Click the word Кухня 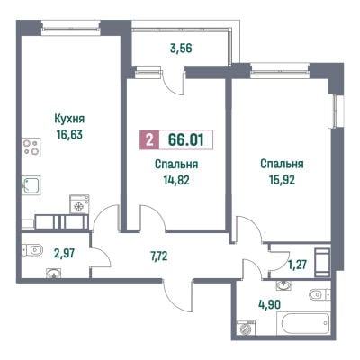pos(69,119)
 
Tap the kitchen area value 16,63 pos(69,135)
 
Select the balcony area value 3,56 pos(181,49)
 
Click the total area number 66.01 pos(186,139)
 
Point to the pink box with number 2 pos(148,139)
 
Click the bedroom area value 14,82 pos(176,180)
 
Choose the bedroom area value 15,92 pos(282,180)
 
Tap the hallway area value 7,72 pos(159,256)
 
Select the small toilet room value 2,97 pos(64,254)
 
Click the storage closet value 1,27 pos(297,265)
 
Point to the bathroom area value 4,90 pos(270,305)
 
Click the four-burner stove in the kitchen pos(31,147)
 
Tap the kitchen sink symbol pos(31,185)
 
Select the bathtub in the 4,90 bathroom pos(306,323)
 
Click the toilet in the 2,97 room pos(32,250)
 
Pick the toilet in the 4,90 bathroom pos(319,294)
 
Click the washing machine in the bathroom pos(246,328)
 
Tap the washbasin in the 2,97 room pos(54,273)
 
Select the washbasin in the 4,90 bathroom pos(283,285)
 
